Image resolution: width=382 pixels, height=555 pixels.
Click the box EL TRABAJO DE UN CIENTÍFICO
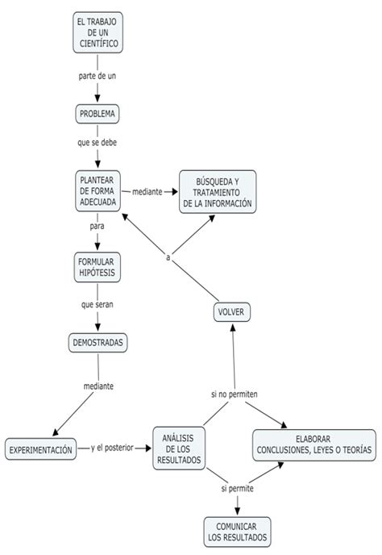pos(98,32)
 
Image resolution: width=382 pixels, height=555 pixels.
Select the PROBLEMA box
pos(98,114)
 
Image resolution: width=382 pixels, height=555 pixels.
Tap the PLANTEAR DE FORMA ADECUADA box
pos(98,191)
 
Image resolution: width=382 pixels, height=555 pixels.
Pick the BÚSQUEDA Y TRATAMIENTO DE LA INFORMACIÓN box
pos(218,192)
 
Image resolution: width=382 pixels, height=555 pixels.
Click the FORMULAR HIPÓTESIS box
pos(98,267)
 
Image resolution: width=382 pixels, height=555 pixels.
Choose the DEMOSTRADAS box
pos(98,343)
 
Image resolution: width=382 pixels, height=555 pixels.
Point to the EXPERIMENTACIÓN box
pos(40,449)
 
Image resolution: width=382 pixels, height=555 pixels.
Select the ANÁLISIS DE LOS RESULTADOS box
pos(179,449)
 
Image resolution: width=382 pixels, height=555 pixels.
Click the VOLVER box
pos(231,312)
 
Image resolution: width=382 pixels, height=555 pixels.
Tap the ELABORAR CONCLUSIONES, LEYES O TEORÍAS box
pos(314,445)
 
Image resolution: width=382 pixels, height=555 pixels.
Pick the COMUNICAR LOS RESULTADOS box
pos(237,532)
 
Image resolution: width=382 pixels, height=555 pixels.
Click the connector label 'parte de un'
pos(98,76)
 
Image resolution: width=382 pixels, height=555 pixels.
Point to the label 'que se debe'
pos(98,143)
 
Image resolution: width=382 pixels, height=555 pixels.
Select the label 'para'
pos(97,226)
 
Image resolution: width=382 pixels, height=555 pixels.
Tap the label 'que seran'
pos(98,304)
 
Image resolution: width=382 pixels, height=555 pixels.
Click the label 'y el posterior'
pos(112,448)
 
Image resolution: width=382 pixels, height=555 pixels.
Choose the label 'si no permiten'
pos(235,394)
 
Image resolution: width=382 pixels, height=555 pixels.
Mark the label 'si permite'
pos(237,489)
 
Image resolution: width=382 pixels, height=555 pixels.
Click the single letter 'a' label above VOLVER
pos(168,257)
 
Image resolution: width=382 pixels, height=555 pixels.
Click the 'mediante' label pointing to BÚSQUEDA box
pos(147,192)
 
